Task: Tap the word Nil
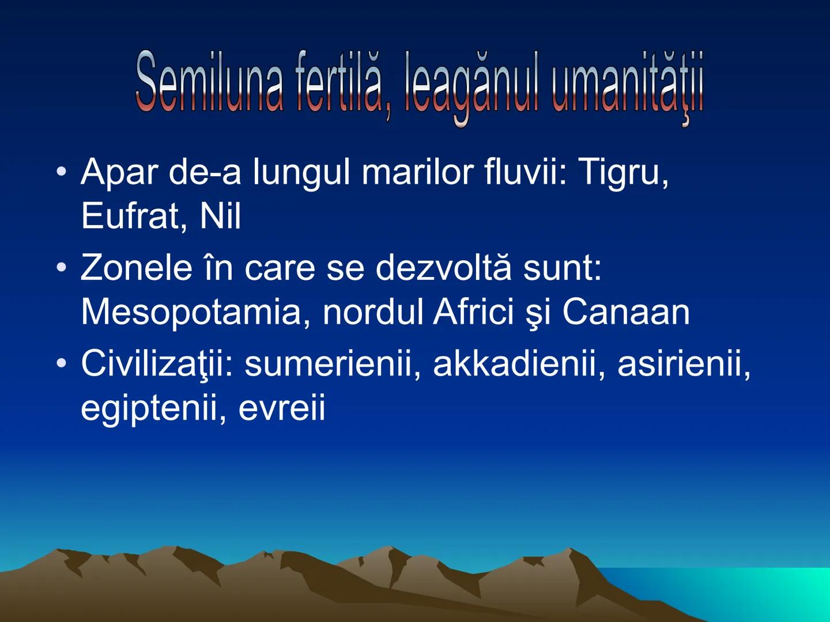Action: click(x=220, y=216)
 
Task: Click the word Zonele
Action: click(x=137, y=268)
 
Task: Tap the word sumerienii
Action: click(x=331, y=365)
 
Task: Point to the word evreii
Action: click(x=281, y=408)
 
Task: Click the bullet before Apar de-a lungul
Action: click(x=61, y=172)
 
